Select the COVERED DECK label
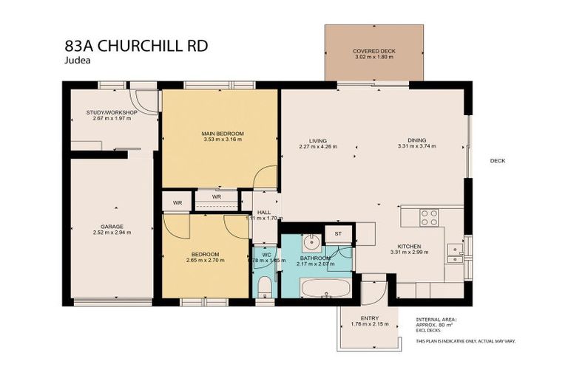(x=373, y=52)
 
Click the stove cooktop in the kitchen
(x=429, y=218)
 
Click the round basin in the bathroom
(x=312, y=241)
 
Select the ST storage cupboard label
(x=339, y=234)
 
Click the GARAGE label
(x=112, y=227)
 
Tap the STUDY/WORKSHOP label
(x=112, y=112)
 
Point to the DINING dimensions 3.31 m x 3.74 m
(x=416, y=146)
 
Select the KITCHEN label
(x=409, y=247)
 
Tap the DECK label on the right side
(x=497, y=160)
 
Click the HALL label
(x=264, y=213)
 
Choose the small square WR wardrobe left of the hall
(x=177, y=202)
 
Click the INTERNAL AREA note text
(x=436, y=319)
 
